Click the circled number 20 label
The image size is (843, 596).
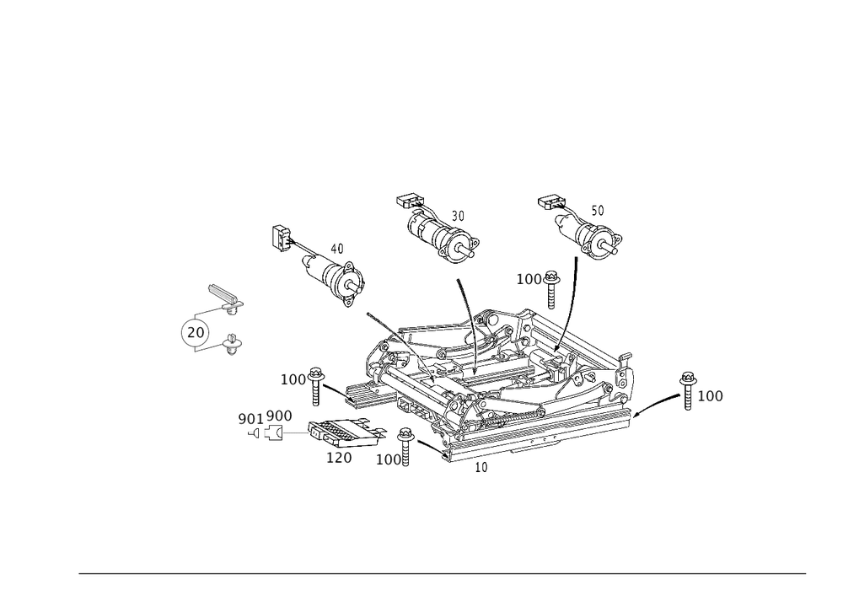[195, 334]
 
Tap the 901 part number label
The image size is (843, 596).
[250, 419]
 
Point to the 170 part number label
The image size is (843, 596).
[339, 458]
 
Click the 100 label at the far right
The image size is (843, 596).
[711, 396]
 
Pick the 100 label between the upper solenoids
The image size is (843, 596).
[530, 279]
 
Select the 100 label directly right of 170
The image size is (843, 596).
[388, 460]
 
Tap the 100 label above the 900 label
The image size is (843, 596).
[293, 381]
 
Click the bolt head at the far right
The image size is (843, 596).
[688, 389]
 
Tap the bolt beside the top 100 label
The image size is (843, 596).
[553, 282]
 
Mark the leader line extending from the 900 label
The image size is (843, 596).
[295, 433]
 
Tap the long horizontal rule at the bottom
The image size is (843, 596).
[443, 575]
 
